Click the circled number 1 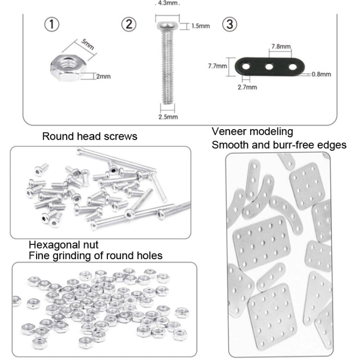(x=52, y=24)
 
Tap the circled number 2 (x=128, y=24)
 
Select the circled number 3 (x=230, y=24)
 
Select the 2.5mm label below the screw (x=168, y=117)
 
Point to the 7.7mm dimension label (x=217, y=67)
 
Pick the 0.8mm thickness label (x=321, y=74)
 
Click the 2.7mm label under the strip (x=248, y=87)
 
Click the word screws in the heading (x=120, y=136)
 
